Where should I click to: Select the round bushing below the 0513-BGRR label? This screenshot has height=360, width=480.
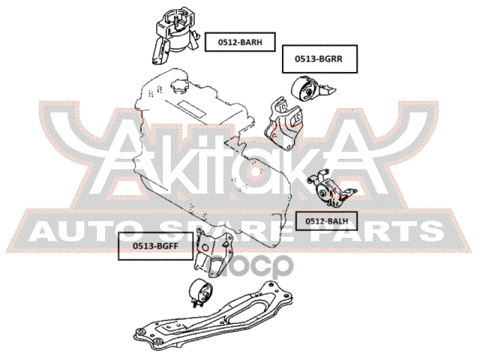coord(307,91)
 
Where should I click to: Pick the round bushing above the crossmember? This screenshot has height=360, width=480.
coord(199,292)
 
